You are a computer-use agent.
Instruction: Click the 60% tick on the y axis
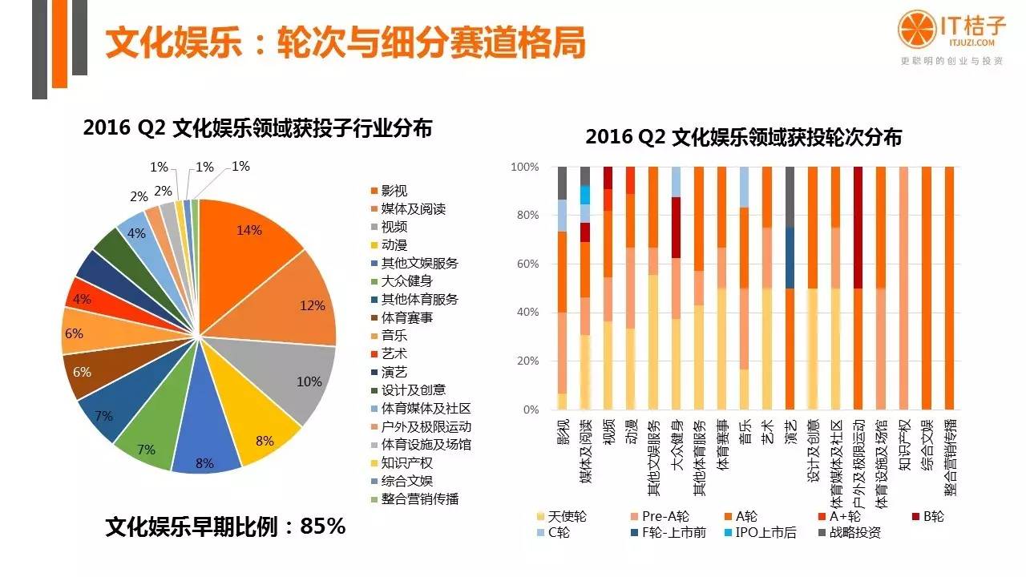coord(526,264)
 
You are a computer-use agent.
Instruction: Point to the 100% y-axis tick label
coord(524,167)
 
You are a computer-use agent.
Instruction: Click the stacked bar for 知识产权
coord(905,288)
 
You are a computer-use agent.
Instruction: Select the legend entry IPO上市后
coord(765,531)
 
